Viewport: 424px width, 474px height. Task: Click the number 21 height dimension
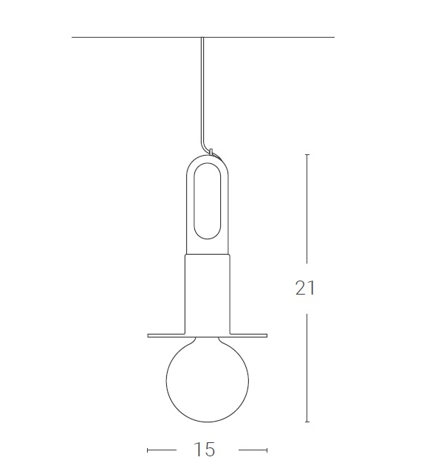305,288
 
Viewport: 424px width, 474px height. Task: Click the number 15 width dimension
205,449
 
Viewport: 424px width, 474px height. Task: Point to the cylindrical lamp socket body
207,292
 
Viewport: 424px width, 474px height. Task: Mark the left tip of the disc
148,335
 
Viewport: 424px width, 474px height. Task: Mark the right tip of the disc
265,335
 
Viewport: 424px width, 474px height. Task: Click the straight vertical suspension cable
201,89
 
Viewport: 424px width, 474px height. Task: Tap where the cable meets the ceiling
201,38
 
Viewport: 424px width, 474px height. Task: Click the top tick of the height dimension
307,155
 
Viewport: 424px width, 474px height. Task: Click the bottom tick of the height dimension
307,422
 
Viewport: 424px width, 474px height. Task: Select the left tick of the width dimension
148,449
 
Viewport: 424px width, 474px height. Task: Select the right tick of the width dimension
266,449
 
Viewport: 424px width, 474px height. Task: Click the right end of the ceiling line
333,37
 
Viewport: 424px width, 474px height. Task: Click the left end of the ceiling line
73,37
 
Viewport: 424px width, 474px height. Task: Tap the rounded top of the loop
207,159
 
